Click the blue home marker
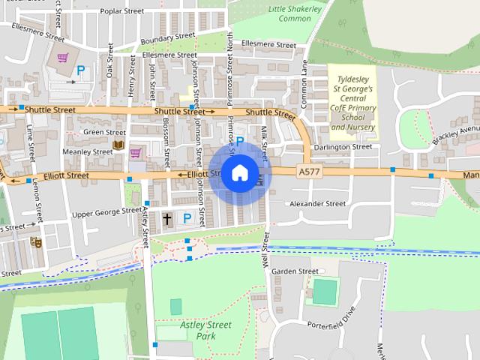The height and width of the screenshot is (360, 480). [x=239, y=173]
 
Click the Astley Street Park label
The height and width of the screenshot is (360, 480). [x=206, y=330]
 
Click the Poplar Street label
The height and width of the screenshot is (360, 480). [x=121, y=11]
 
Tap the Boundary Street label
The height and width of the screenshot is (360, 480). [x=167, y=37]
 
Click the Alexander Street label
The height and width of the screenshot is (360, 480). [x=317, y=203]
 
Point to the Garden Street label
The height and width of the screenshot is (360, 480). [x=295, y=271]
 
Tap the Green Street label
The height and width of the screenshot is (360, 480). [x=104, y=133]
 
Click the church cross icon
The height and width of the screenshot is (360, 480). [x=166, y=219]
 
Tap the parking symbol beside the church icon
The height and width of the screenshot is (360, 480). [x=187, y=218]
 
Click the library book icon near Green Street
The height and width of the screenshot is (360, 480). [x=118, y=144]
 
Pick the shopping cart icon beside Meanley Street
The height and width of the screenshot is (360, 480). [x=136, y=153]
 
